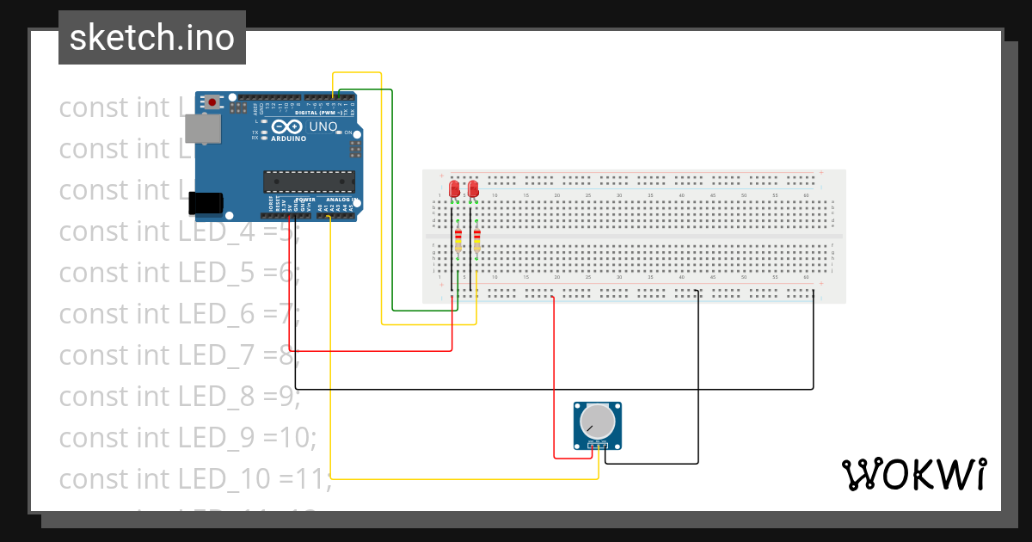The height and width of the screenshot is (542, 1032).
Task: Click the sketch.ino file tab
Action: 151,38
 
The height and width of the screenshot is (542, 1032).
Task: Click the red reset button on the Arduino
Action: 212,102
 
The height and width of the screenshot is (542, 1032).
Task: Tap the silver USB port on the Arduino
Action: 202,129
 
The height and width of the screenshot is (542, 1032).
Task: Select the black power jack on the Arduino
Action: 206,202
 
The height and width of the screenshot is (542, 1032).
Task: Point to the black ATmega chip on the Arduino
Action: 309,182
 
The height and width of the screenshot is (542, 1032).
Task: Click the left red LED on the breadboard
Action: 454,188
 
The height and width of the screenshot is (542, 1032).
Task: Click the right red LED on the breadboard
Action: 473,188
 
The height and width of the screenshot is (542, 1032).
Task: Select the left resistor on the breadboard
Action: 458,240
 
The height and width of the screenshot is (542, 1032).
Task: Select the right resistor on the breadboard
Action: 476,240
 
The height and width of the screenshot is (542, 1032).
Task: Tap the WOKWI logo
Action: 913,474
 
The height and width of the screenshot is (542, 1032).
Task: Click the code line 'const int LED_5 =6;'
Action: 179,272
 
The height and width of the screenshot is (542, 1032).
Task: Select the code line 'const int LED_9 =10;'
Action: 187,437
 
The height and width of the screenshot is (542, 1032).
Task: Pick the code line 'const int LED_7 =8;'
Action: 179,354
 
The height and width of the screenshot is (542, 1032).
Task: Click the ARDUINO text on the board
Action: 288,139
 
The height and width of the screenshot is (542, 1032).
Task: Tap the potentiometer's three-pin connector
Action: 597,445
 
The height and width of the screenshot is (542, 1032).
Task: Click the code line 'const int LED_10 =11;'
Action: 194,478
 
